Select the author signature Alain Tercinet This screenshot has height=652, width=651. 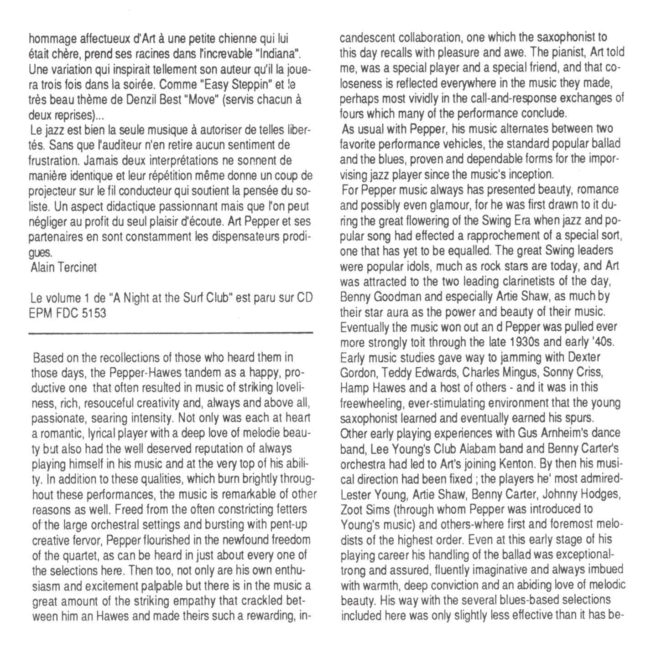point(63,267)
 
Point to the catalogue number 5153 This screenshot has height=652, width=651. point(94,313)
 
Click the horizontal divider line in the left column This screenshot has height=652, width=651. point(171,334)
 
